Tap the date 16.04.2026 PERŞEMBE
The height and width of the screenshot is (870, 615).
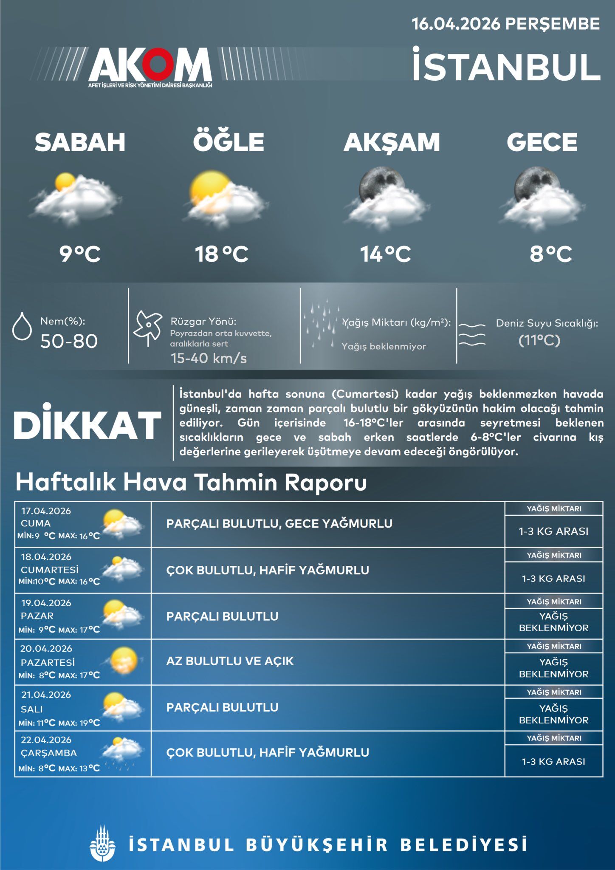point(505,24)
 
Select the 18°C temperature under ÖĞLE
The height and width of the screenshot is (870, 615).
point(221,254)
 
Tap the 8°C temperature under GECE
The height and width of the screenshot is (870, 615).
point(550,254)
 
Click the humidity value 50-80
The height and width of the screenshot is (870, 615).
point(69,341)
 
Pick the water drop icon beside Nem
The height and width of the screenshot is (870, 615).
point(22,326)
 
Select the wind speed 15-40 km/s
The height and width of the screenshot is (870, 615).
point(209,358)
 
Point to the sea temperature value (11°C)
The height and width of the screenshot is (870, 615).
point(539,340)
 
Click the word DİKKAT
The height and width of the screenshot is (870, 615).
point(87,425)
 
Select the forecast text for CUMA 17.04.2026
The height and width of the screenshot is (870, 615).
point(279,523)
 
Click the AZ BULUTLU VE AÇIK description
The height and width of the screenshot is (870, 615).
point(230,661)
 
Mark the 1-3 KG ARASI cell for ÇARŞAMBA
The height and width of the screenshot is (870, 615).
point(553,762)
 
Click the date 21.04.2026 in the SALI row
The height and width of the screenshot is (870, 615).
point(46,695)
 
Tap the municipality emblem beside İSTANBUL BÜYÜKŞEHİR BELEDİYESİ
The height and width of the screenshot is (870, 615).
point(102,843)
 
